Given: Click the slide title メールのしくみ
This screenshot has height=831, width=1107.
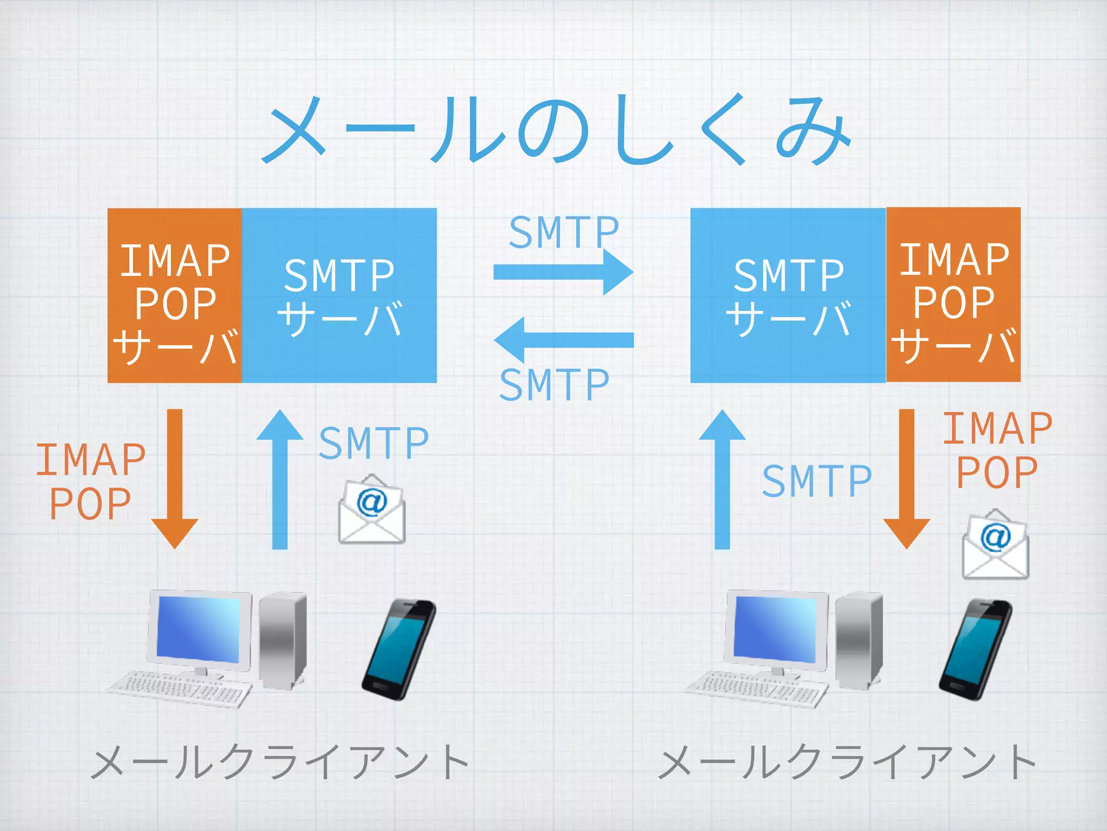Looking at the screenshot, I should point(557,130).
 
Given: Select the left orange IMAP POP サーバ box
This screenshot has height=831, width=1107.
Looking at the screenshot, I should point(175,295).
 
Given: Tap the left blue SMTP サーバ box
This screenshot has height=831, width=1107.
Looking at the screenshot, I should point(339,295).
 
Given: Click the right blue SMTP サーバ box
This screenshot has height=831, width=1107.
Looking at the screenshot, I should point(788,295).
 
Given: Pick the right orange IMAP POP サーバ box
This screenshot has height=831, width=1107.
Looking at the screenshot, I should point(953,295).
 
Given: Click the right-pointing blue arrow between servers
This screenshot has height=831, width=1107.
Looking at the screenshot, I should point(563,272).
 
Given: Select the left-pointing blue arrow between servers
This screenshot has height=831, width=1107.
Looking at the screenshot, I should point(563,340).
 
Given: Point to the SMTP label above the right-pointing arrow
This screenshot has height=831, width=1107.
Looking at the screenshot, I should point(564,233).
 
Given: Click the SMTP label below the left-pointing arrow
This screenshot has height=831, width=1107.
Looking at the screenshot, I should point(555,385).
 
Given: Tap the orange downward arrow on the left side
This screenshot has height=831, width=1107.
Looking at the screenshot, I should point(175,479).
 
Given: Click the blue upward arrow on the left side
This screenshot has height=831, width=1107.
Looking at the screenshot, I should point(280,479).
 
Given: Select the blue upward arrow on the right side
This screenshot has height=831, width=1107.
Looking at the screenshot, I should point(722,479).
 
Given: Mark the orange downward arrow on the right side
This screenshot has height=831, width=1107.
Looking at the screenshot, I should point(906,479).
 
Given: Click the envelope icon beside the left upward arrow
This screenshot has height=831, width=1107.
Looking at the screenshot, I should point(372,510).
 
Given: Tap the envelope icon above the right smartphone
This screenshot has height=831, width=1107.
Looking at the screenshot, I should point(996,544).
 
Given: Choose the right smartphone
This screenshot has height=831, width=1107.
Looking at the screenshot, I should point(975,649).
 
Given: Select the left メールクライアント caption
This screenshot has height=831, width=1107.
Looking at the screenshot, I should point(280,762).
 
